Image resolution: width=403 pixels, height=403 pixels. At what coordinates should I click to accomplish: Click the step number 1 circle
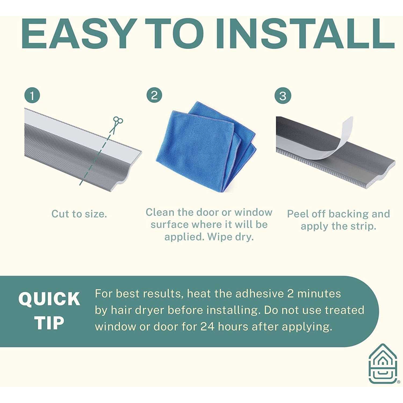tap(32, 96)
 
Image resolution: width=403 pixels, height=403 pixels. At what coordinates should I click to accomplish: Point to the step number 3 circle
tap(283, 96)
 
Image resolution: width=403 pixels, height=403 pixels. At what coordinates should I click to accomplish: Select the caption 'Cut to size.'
tap(79, 214)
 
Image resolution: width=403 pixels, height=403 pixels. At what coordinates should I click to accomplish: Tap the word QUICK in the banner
tap(49, 299)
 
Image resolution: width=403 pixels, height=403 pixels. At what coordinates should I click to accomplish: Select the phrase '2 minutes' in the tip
tap(314, 294)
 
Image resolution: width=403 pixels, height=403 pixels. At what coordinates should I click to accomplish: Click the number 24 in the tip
tap(208, 327)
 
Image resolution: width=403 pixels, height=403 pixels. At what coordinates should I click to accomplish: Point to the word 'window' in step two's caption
tap(253, 212)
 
